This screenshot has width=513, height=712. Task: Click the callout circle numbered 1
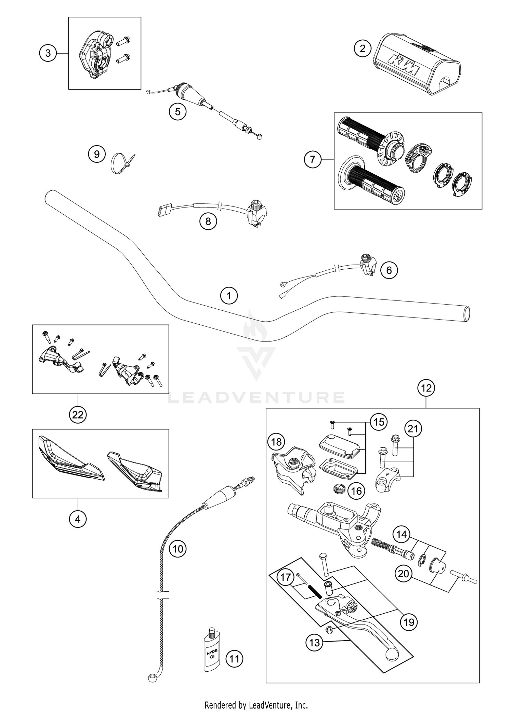[x=229, y=296]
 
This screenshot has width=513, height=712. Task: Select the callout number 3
[x=48, y=53]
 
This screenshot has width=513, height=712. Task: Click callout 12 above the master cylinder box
[x=426, y=388]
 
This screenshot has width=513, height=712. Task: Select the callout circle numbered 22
[x=78, y=415]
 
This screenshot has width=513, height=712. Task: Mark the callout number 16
[x=356, y=491]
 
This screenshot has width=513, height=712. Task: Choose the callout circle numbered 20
[x=404, y=573]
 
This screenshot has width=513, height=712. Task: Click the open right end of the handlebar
[x=466, y=313]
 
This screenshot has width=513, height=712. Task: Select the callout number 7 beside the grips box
[x=313, y=160]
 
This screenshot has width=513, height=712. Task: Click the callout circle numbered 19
[x=409, y=622]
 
